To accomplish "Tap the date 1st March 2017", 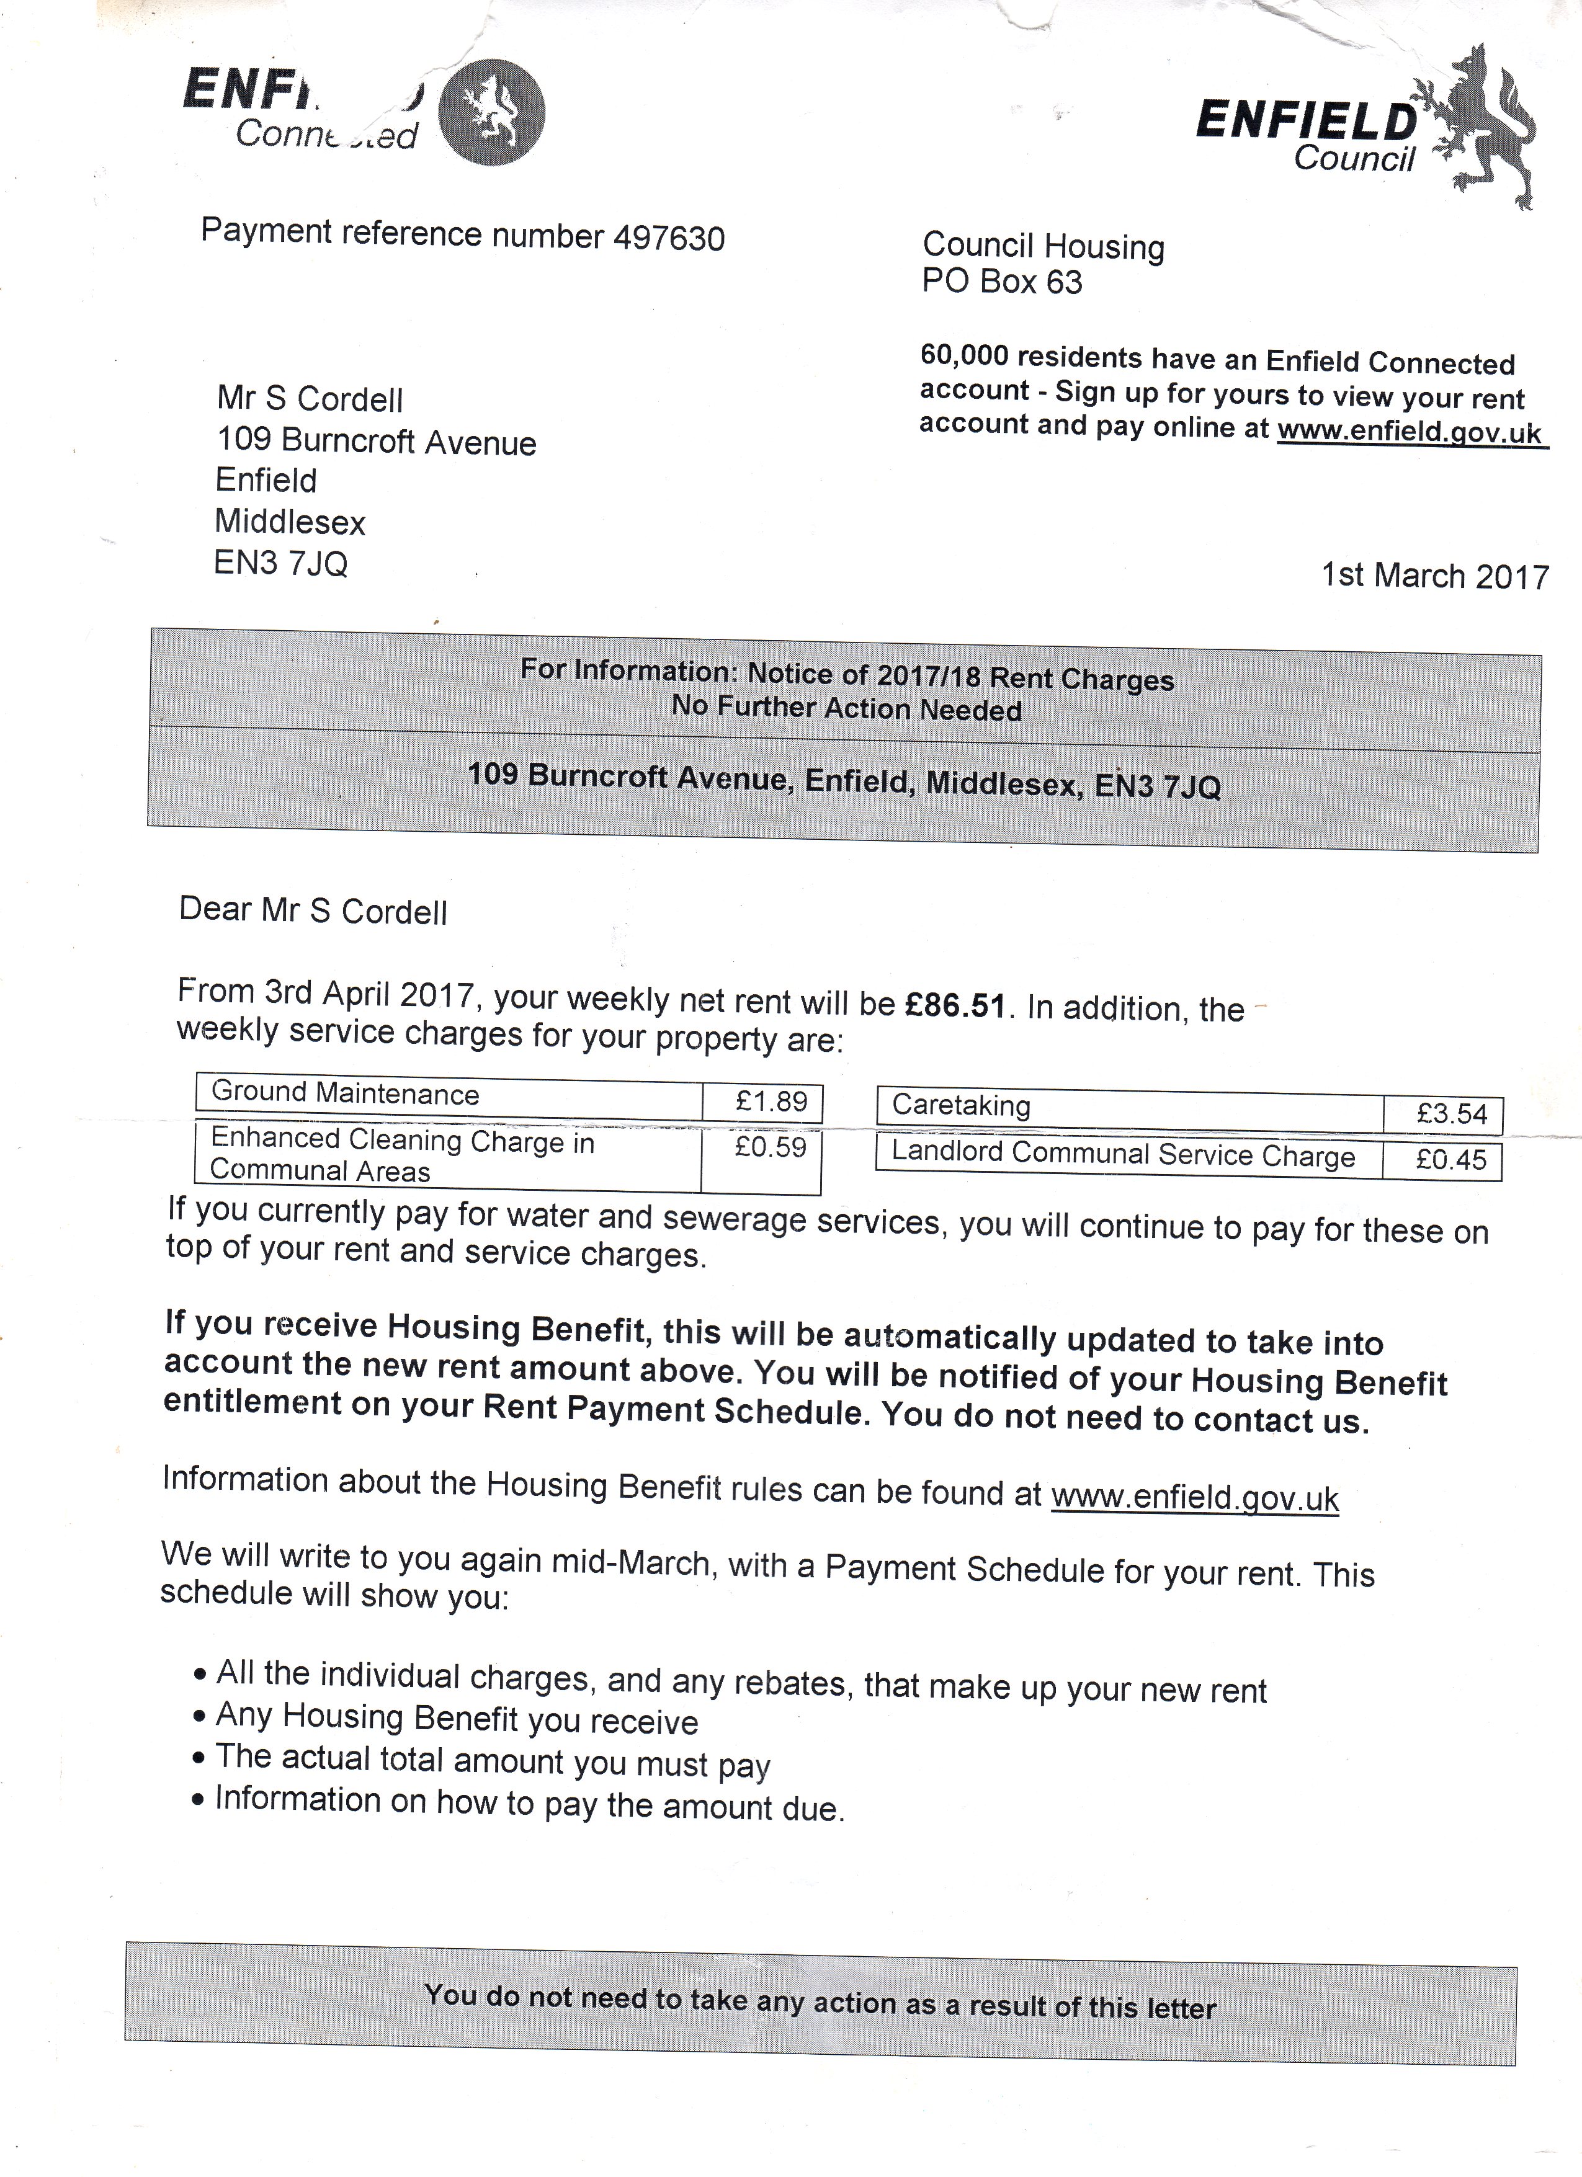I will [1435, 576].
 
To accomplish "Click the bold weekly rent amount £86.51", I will [956, 1005].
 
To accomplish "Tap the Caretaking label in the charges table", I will [961, 1106].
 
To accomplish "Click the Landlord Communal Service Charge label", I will [1123, 1155].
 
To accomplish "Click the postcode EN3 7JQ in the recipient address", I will [280, 563].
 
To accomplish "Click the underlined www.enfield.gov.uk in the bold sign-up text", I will [1408, 432].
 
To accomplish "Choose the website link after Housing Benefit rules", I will [1194, 1498].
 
